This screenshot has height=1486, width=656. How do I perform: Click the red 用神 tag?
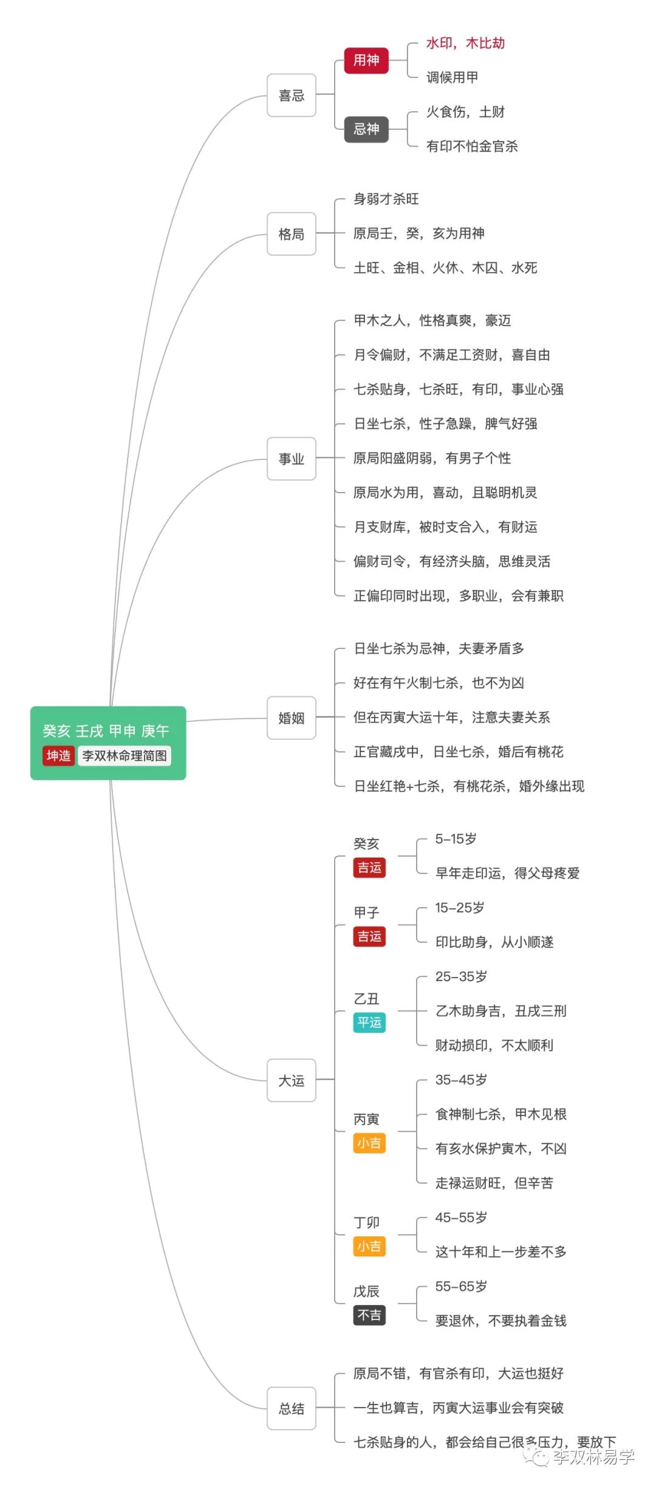[366, 60]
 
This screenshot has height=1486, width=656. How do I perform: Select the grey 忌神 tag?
[366, 129]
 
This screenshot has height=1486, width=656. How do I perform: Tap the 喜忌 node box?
[292, 95]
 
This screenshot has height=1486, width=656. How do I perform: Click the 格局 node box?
[292, 234]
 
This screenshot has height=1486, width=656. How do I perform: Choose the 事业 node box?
[292, 459]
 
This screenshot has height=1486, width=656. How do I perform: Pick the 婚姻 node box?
[292, 718]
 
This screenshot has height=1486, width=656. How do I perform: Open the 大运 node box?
[292, 1080]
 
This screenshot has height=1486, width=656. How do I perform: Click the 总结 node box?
[292, 1408]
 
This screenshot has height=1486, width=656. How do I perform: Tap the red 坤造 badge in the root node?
[58, 756]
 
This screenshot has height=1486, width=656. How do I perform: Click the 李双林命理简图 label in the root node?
[125, 756]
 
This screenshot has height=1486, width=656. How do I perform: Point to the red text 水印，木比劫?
[465, 43]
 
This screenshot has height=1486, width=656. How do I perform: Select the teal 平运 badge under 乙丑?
[369, 1022]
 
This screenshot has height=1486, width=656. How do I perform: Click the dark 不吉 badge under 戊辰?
[369, 1315]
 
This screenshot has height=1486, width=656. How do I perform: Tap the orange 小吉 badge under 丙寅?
[369, 1143]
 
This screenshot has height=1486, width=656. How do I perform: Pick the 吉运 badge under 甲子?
[369, 936]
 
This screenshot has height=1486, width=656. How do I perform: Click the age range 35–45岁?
[461, 1080]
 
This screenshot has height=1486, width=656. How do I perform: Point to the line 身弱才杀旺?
[386, 199]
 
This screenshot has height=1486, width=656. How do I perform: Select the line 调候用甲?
[453, 77]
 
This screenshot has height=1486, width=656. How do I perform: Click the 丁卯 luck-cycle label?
[366, 1222]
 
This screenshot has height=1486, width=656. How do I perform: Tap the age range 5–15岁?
[456, 839]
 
